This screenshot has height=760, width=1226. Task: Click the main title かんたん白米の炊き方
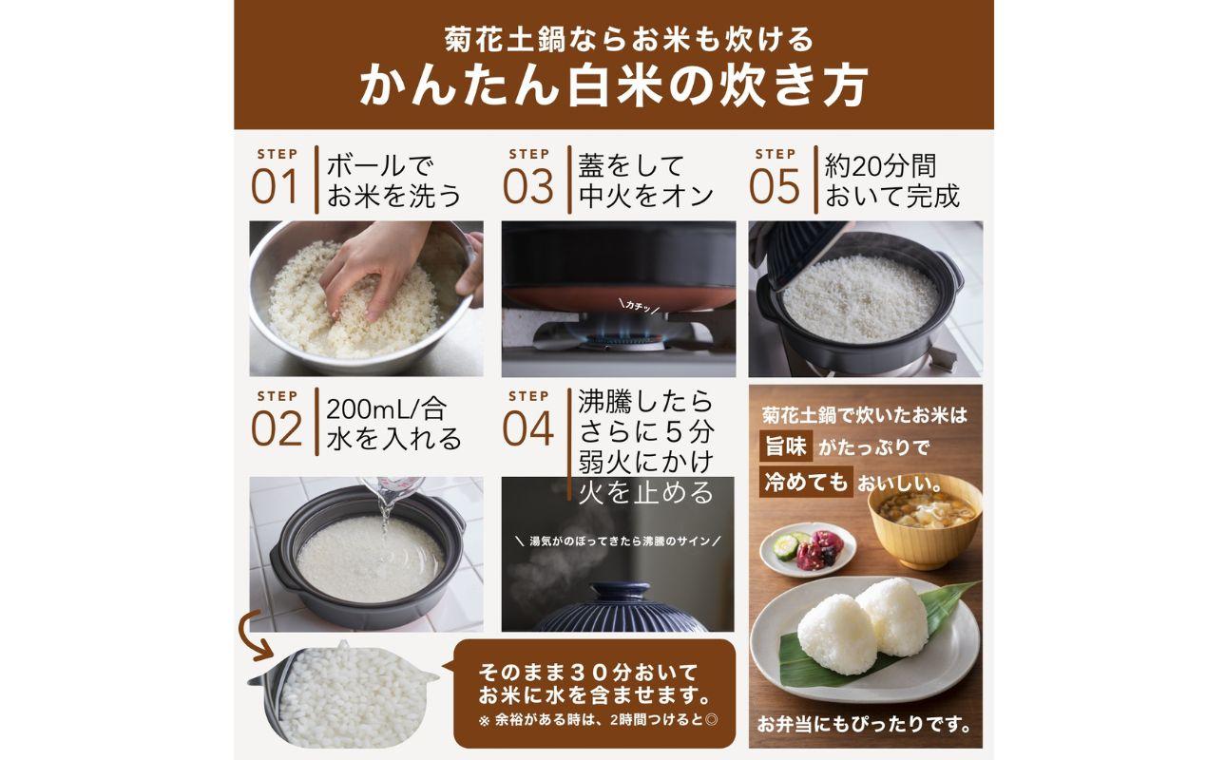[613, 86]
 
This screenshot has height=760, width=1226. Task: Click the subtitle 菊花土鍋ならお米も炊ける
[613, 39]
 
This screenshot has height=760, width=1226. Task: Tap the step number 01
[275, 187]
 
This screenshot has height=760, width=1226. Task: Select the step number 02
[276, 429]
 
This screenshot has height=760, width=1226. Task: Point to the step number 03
[527, 187]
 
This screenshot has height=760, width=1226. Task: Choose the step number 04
[527, 429]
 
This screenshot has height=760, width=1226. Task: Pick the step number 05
[775, 187]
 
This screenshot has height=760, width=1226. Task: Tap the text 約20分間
[881, 165]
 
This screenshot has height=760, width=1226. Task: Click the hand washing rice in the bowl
[380, 266]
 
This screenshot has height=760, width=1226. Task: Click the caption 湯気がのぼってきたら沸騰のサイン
[618, 541]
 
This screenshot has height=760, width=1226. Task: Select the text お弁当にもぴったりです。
[865, 725]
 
